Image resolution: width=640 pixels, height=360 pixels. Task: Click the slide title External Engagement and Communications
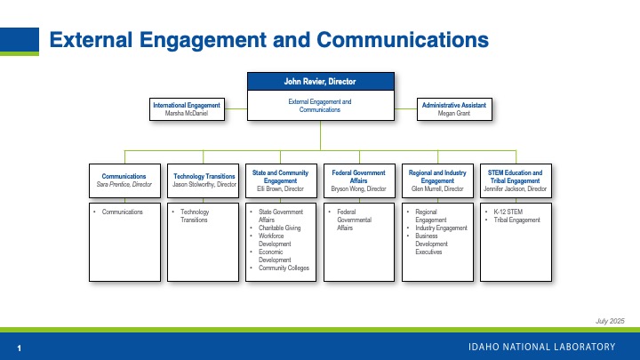point(268,40)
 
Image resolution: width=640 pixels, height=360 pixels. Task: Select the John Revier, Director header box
point(320,82)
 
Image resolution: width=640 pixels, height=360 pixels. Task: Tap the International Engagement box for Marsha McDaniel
point(186,109)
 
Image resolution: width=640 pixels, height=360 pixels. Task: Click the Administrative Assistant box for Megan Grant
point(453,109)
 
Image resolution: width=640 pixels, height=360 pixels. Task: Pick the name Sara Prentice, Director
point(124,184)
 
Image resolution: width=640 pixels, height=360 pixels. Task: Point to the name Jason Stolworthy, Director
point(204,184)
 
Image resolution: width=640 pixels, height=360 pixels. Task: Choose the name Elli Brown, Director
point(281,188)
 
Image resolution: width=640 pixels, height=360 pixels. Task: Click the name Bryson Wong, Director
point(358,188)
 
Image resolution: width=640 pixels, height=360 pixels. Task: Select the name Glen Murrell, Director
point(436,188)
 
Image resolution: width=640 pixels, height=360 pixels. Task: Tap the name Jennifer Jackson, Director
point(515,188)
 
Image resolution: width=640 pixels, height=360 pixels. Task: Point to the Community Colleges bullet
point(284,268)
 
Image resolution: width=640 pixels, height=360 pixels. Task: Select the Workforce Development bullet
point(275,239)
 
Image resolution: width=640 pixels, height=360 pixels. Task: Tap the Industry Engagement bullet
point(442,228)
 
